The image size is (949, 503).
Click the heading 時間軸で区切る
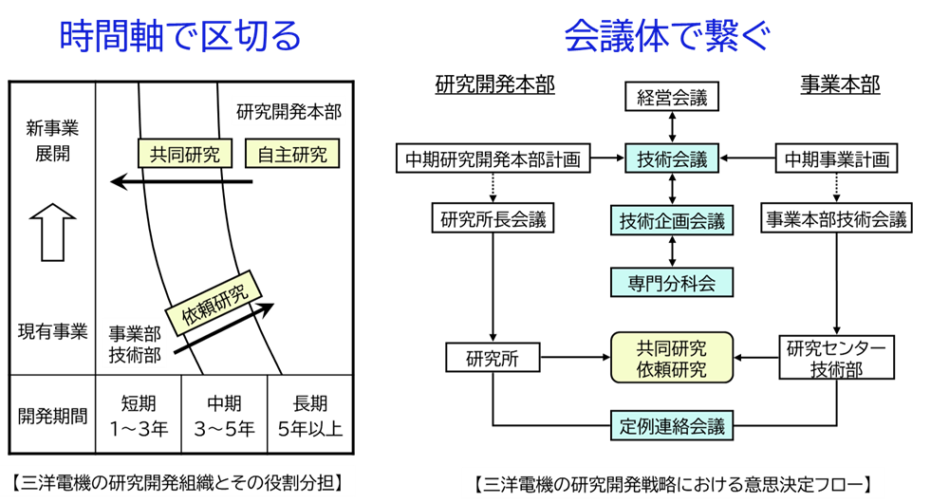tap(179, 38)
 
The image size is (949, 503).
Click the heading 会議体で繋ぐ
tap(666, 38)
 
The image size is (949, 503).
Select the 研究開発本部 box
tap(288, 110)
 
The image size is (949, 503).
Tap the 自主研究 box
tap(292, 154)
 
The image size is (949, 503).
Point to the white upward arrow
tap(53, 232)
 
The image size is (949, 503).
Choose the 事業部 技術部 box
tap(134, 344)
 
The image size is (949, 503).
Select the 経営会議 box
tap(672, 97)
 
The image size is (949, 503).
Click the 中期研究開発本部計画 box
tap(493, 158)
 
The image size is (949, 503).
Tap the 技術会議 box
tap(672, 158)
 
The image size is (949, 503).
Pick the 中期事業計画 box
tap(836, 158)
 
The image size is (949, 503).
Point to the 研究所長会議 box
tap(493, 219)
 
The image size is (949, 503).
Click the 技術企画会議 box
tap(672, 220)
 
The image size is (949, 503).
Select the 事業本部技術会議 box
tap(836, 219)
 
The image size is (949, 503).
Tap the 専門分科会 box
tap(672, 282)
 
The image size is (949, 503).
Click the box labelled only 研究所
tap(493, 358)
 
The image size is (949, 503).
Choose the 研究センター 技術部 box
tap(836, 358)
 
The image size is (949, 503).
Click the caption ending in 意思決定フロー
tap(672, 482)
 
